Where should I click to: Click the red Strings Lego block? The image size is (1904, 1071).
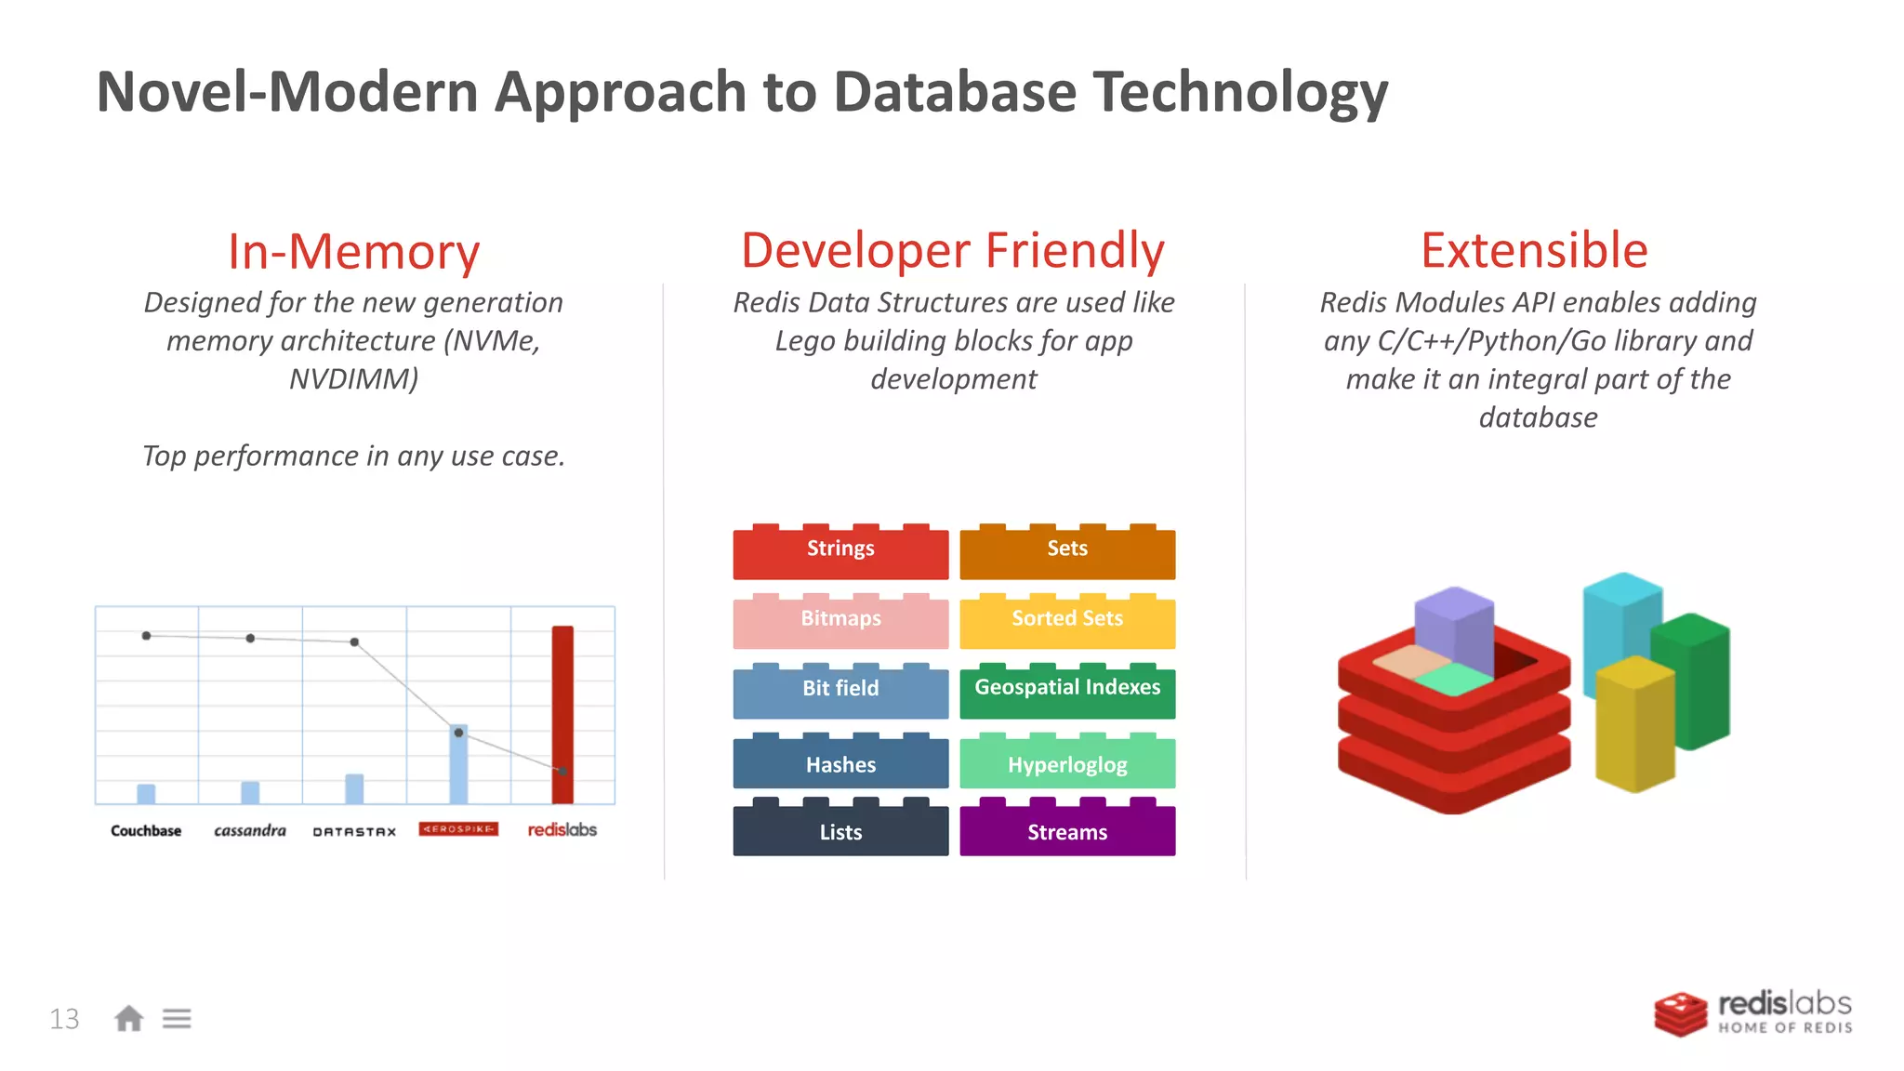pyautogui.click(x=840, y=551)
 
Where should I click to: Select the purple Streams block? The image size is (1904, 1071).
pyautogui.click(x=1067, y=830)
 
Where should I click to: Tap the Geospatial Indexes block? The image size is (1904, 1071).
pyautogui.click(x=1067, y=691)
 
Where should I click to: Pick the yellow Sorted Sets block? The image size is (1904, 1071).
pyautogui.click(x=1067, y=621)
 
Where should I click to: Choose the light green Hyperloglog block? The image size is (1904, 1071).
pyautogui.click(x=1067, y=763)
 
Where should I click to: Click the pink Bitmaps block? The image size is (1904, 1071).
pyautogui.click(x=840, y=621)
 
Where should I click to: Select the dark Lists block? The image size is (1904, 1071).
pyautogui.click(x=840, y=830)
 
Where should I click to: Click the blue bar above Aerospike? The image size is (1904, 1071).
pyautogui.click(x=458, y=764)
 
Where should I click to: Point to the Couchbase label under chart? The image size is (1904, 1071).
pyautogui.click(x=146, y=830)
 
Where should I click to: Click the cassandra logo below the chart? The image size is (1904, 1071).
pyautogui.click(x=250, y=830)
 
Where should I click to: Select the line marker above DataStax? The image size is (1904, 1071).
pyautogui.click(x=354, y=642)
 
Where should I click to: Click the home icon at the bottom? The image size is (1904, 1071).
pyautogui.click(x=129, y=1019)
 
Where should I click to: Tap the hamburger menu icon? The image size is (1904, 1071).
pyautogui.click(x=177, y=1019)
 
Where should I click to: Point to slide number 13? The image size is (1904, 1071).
pyautogui.click(x=64, y=1019)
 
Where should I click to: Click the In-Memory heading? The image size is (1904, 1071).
pyautogui.click(x=353, y=251)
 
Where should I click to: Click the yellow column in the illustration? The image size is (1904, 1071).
pyautogui.click(x=1633, y=725)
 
